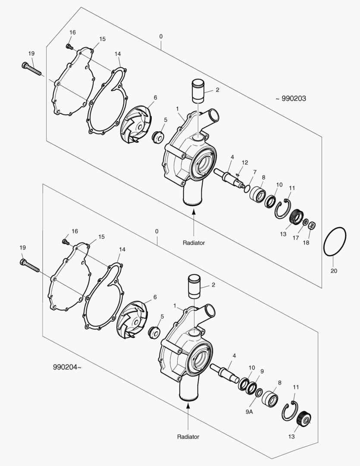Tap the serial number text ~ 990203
pos(291,99)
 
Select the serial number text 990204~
pos(67,367)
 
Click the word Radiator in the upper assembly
pos(194,243)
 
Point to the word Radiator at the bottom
pos(188,437)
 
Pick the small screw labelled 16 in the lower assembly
pos(66,242)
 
